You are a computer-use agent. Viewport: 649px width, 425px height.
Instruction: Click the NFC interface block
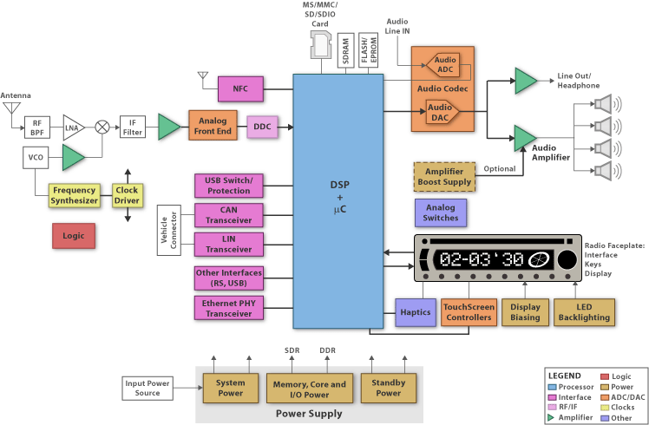[x=240, y=88]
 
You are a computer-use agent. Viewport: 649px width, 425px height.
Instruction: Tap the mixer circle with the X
[x=102, y=127]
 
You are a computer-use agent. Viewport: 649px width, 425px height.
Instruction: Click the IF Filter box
[x=132, y=127]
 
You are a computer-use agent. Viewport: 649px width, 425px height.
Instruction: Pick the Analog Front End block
[x=213, y=127]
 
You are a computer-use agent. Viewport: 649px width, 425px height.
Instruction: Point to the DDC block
[x=262, y=127]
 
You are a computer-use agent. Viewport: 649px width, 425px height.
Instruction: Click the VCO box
[x=36, y=158]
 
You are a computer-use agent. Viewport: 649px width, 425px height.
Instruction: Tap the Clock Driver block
[x=128, y=195]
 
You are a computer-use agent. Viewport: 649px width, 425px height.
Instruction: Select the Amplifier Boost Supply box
[x=443, y=177]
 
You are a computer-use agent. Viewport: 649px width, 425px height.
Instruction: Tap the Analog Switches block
[x=442, y=212]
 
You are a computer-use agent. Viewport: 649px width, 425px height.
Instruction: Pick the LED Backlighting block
[x=583, y=312]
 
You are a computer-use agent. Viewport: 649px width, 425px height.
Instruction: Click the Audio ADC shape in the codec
[x=443, y=65]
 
